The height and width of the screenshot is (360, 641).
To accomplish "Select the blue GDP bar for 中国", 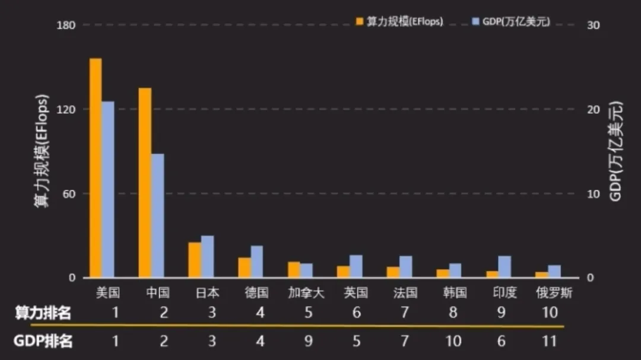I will pyautogui.click(x=157, y=216).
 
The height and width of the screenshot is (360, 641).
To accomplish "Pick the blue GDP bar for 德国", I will pyautogui.click(x=256, y=262).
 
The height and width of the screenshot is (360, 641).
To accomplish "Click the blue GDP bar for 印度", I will pyautogui.click(x=504, y=266).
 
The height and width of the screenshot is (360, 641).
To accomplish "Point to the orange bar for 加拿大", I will pyautogui.click(x=294, y=270).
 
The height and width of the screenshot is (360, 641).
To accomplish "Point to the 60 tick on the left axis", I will pyautogui.click(x=69, y=194).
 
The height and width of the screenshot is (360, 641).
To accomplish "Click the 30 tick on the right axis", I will pyautogui.click(x=594, y=25).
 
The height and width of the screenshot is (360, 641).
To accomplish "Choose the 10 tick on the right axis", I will pyautogui.click(x=594, y=194).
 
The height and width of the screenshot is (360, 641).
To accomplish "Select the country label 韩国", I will pyautogui.click(x=455, y=292).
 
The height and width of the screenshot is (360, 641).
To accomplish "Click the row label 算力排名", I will pyautogui.click(x=43, y=313).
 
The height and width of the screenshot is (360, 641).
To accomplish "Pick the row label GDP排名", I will pyautogui.click(x=43, y=341).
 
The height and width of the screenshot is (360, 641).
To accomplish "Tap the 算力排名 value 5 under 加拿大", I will pyautogui.click(x=308, y=313).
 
